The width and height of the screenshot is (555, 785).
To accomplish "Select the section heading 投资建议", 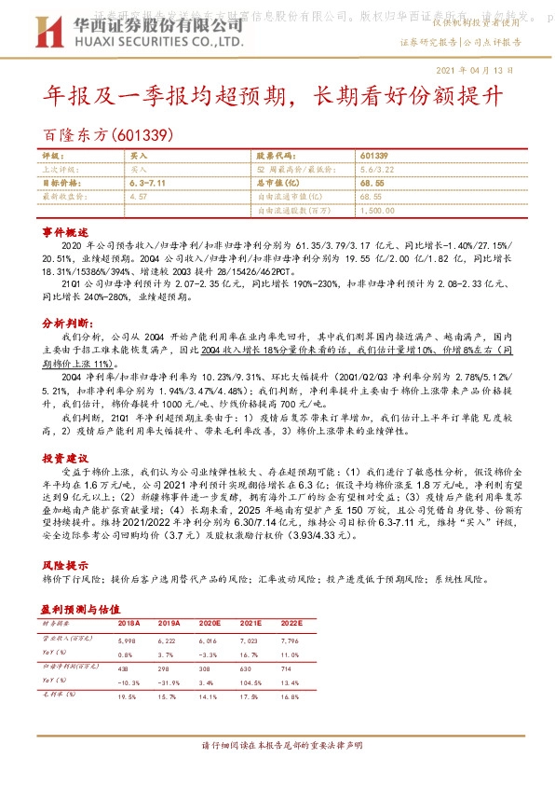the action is pyautogui.click(x=65, y=460).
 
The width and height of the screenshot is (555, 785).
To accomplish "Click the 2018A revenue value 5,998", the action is pyautogui.click(x=127, y=640).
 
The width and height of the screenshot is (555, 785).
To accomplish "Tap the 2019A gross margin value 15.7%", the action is pyautogui.click(x=169, y=695).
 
